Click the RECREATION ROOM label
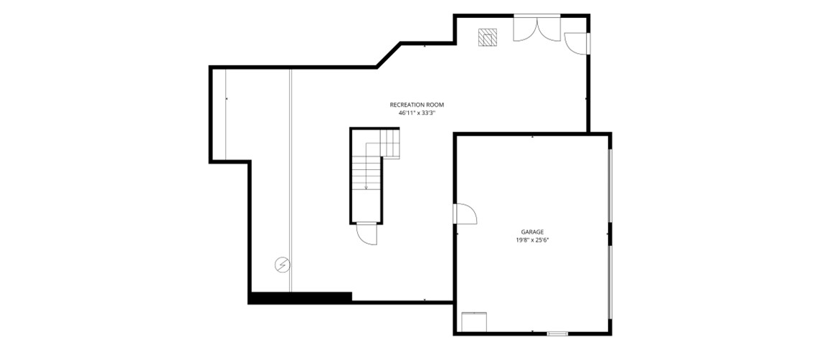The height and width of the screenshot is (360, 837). pyautogui.click(x=417, y=105)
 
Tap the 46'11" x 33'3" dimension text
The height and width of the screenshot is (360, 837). pyautogui.click(x=417, y=113)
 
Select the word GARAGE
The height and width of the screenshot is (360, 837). pyautogui.click(x=532, y=232)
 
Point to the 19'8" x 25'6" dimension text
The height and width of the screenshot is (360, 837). pyautogui.click(x=532, y=240)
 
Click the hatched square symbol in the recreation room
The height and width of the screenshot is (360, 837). pyautogui.click(x=488, y=37)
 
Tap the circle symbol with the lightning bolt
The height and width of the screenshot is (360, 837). pyautogui.click(x=283, y=265)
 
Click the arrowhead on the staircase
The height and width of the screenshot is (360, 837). pyautogui.click(x=367, y=187)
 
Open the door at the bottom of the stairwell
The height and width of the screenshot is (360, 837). pyautogui.click(x=367, y=233)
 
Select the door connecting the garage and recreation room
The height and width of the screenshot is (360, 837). pyautogui.click(x=465, y=214)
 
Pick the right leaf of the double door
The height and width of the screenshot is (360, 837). pyautogui.click(x=549, y=29)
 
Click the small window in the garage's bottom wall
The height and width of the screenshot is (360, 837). pyautogui.click(x=557, y=334)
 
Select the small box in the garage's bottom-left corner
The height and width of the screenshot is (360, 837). pyautogui.click(x=474, y=322)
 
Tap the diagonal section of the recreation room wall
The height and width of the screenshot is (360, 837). pyautogui.click(x=389, y=55)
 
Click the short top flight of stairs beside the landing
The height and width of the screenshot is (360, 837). pyautogui.click(x=389, y=144)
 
